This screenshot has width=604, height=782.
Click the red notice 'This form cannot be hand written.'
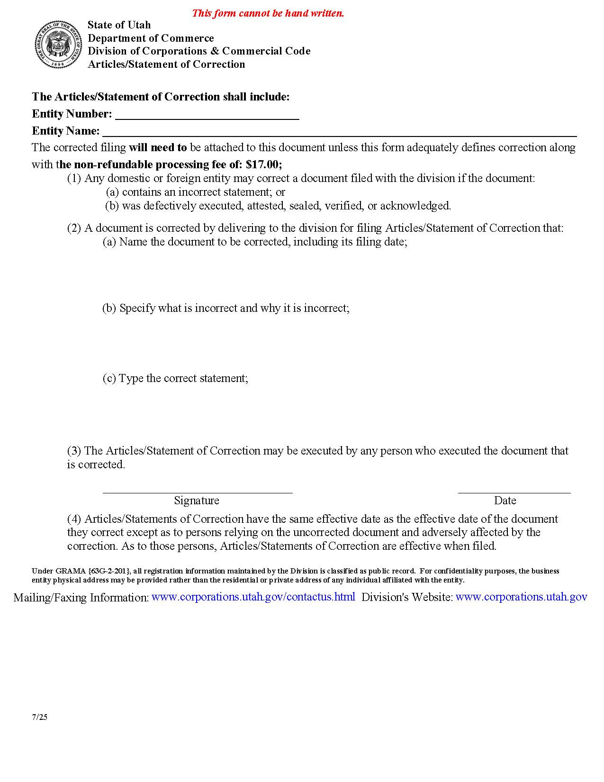268,13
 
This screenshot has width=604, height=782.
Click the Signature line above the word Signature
198,492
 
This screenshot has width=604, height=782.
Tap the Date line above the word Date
514,492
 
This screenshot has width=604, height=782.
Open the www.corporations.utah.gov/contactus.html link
253,597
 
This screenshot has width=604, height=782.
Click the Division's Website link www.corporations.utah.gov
521,597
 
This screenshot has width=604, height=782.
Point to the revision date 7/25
40,717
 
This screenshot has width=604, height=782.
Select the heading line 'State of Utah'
119,25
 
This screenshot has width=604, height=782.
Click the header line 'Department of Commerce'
151,38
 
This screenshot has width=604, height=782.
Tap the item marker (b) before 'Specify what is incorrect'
109,308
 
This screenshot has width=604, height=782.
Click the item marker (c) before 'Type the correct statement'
109,378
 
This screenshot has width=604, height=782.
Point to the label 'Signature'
197,500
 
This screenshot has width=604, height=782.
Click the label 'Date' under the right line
505,500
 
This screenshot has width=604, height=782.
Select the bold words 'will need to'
158,147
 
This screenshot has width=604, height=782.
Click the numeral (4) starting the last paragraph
74,519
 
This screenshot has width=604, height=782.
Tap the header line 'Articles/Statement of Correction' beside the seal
166,64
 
